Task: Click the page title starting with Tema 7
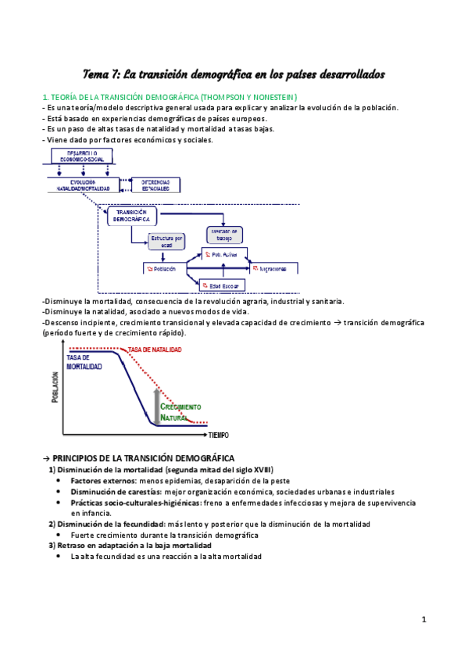[x=234, y=74]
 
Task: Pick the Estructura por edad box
[x=166, y=242]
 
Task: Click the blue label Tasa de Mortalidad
[x=84, y=361]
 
